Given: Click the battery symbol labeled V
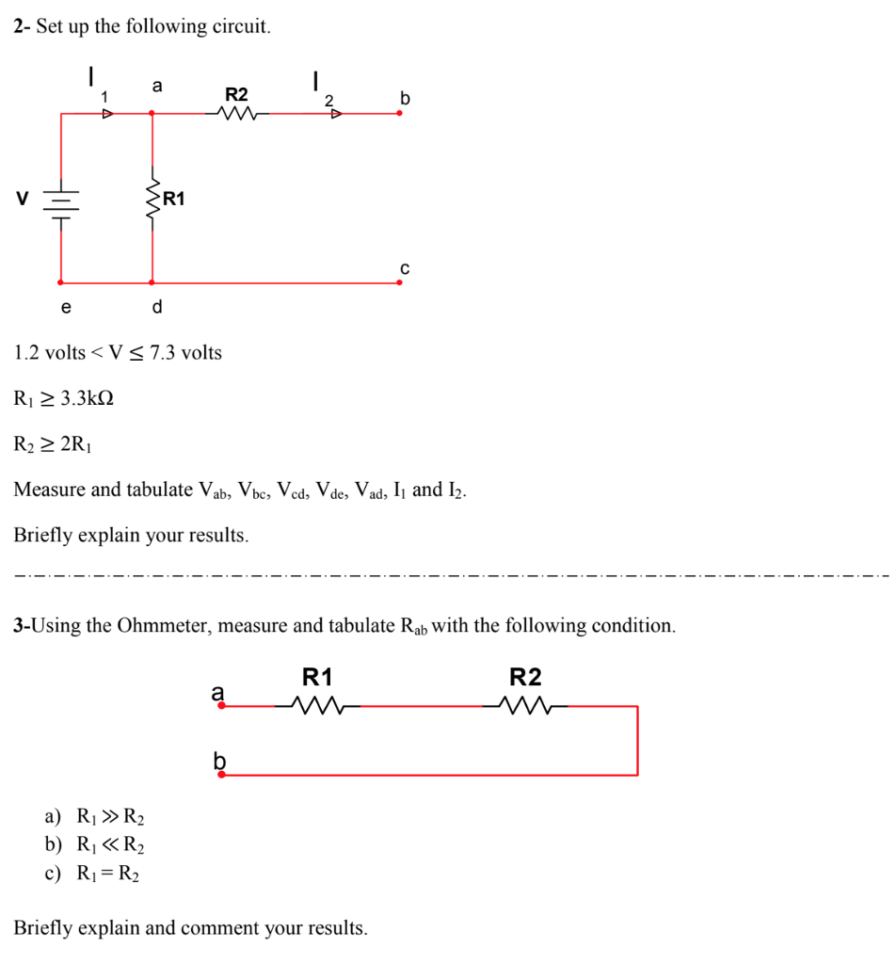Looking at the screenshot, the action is pyautogui.click(x=62, y=201).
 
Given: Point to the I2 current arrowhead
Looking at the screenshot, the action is pyautogui.click(x=335, y=114).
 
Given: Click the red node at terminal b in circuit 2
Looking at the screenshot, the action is pyautogui.click(x=399, y=114).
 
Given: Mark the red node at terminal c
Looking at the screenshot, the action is pyautogui.click(x=399, y=281).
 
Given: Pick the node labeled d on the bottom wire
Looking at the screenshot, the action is pyautogui.click(x=152, y=281).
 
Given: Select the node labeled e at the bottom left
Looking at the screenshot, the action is pyautogui.click(x=62, y=281).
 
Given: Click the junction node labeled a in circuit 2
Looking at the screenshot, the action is pyautogui.click(x=152, y=114).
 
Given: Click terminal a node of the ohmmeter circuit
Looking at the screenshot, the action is pyautogui.click(x=221, y=705).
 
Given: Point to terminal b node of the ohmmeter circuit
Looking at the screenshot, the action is pyautogui.click(x=221, y=775).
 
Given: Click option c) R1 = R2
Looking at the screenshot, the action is pyautogui.click(x=92, y=874).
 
